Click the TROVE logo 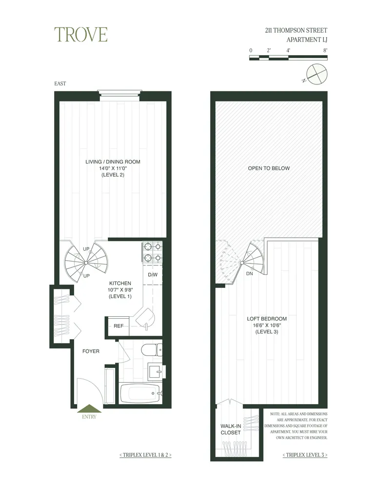80,35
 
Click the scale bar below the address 288,58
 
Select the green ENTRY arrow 90,409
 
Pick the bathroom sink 156,372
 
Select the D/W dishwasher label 152,274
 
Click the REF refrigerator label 119,326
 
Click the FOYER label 91,351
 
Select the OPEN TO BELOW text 269,168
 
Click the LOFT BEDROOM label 266,319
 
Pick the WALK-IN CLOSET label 231,429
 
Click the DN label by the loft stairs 249,274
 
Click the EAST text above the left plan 60,83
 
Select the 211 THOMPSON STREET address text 293,30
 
